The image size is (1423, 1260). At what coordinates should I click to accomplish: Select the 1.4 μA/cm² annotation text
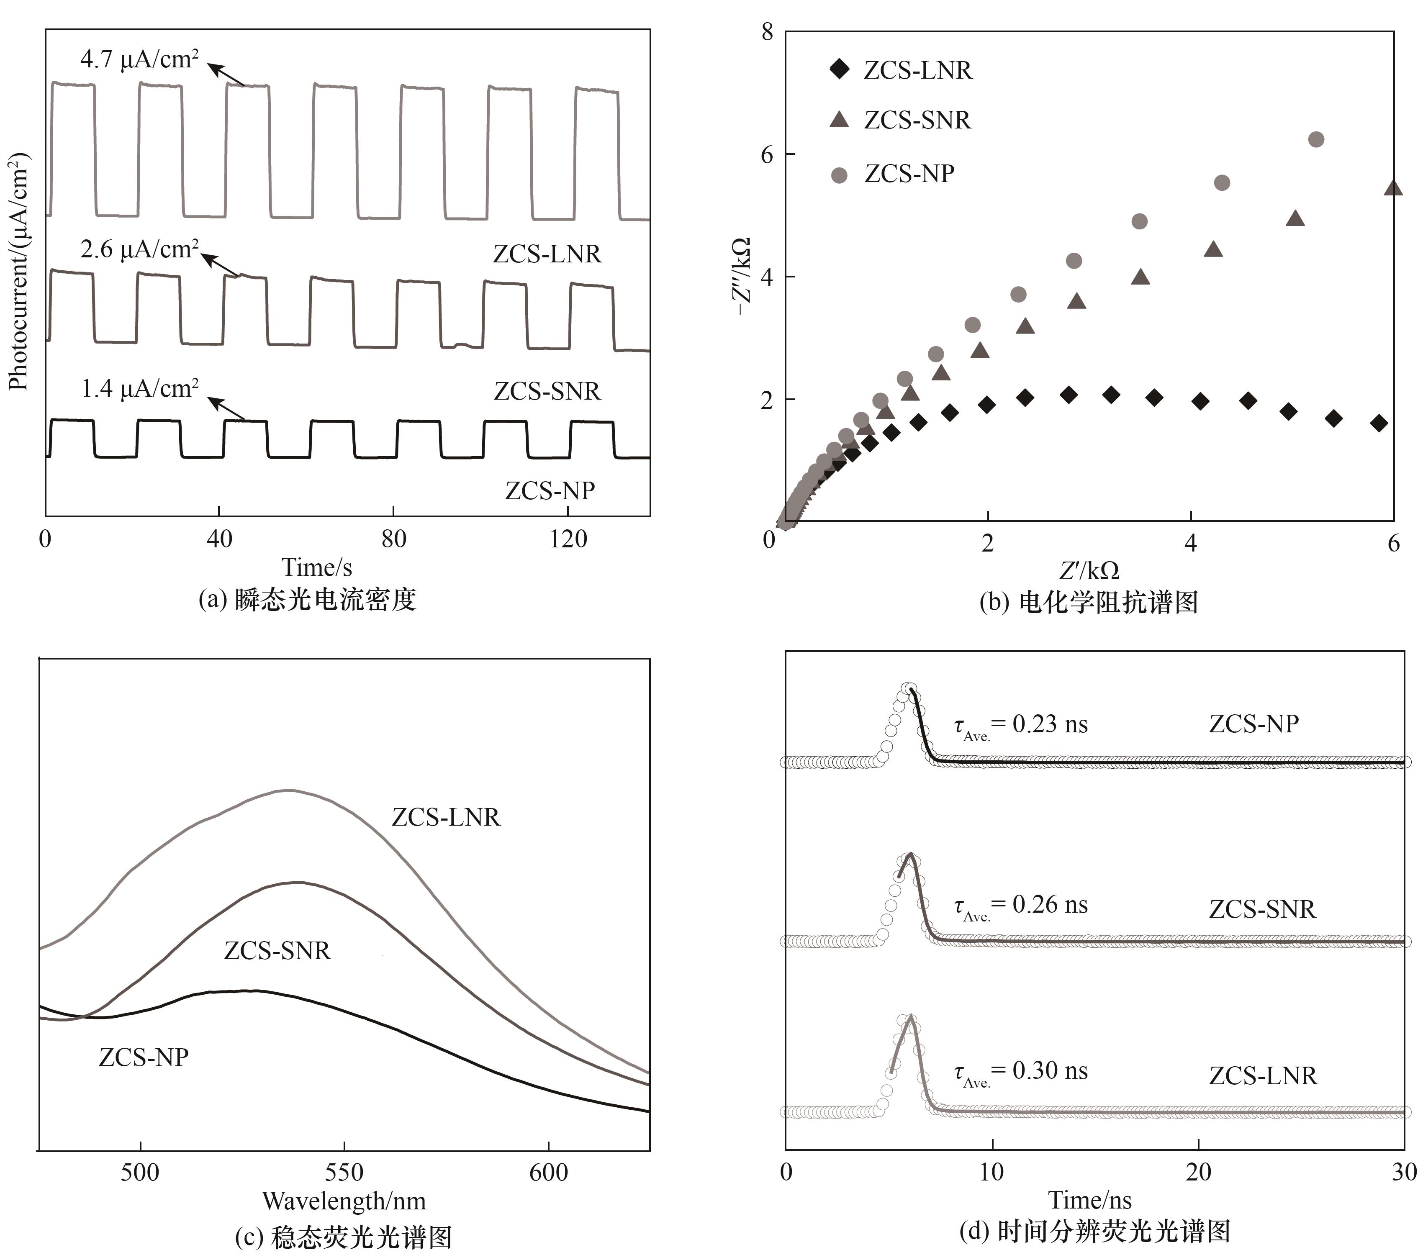coord(140,388)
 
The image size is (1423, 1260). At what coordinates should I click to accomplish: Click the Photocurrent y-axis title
coord(19,272)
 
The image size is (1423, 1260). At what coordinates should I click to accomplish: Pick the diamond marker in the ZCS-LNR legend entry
coord(840,69)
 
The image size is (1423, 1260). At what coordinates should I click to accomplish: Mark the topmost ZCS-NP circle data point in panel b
coord(1316,139)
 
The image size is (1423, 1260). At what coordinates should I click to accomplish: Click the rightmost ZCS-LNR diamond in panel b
coord(1379,423)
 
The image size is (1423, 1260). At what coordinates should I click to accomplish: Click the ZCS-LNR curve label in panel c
coord(446,817)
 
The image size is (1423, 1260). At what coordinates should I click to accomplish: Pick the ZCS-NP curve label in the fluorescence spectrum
coord(144,1057)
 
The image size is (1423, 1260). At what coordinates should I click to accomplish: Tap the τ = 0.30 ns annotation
coord(1021,1072)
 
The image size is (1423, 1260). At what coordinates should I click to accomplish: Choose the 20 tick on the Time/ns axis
coord(1198,1172)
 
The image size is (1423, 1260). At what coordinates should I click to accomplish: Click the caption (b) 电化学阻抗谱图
coord(1089,602)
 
